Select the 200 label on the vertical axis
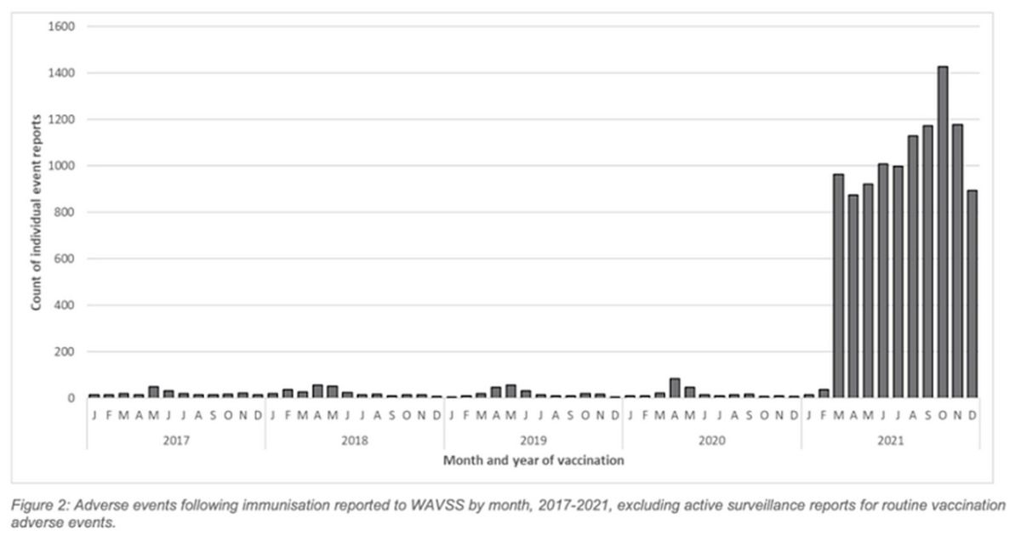coord(67,351)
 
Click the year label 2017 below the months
coord(175,441)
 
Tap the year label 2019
coord(533,441)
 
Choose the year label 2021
coord(890,441)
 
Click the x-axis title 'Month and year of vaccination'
coord(533,460)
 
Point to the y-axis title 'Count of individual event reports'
coord(38,213)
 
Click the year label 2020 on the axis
coord(711,441)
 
